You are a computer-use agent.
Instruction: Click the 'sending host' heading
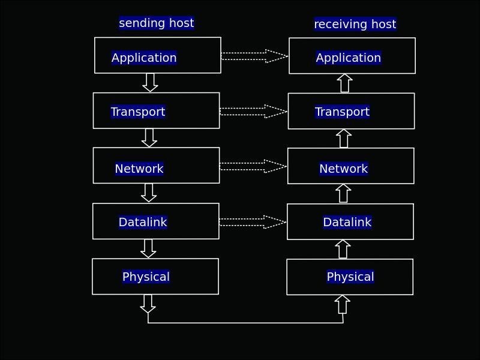point(156,23)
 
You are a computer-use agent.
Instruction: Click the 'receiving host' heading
point(355,24)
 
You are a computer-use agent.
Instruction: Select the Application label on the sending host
point(144,58)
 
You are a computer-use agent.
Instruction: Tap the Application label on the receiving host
point(348,58)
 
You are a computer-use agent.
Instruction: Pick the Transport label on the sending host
point(137,112)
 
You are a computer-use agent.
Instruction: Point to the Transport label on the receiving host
point(342,112)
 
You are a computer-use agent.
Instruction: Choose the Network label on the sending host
point(139,169)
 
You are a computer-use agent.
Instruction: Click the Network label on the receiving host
point(343,169)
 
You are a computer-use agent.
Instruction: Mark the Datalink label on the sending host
point(142,222)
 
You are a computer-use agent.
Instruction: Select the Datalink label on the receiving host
point(347,222)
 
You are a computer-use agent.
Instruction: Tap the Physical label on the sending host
point(146,277)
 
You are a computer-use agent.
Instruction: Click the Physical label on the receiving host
point(350,277)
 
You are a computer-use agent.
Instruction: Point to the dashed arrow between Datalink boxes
point(253,222)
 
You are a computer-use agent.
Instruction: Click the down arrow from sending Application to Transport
point(150,82)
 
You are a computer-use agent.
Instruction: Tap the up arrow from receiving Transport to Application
point(344,83)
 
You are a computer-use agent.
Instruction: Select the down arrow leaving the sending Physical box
point(148,304)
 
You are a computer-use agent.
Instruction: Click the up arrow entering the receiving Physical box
point(343,304)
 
